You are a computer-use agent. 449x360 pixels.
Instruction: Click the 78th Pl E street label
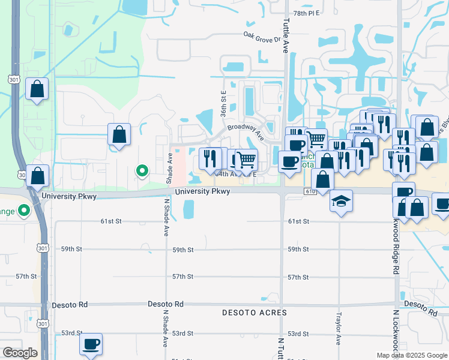click(305, 13)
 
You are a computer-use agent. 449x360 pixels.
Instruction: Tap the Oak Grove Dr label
click(262, 37)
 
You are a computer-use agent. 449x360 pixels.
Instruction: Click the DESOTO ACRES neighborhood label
click(255, 313)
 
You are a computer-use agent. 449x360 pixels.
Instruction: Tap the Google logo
click(20, 353)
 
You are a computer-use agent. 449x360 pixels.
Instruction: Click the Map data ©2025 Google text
click(412, 355)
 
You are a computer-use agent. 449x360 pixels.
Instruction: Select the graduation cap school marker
click(341, 201)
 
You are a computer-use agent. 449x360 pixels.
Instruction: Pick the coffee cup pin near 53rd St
click(91, 344)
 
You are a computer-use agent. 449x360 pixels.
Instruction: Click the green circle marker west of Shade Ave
click(142, 172)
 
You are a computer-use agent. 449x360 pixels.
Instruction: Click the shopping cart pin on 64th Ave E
click(247, 160)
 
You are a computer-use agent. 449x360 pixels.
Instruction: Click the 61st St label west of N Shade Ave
click(110, 221)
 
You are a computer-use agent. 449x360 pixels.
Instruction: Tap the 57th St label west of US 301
click(26, 276)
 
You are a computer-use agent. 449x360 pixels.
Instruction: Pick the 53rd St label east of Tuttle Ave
click(298, 333)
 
